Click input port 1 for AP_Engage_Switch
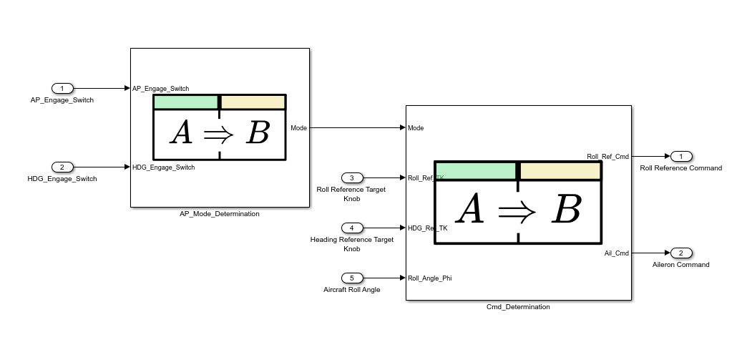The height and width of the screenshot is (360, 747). [x=62, y=89]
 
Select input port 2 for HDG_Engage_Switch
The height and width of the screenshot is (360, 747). [x=62, y=167]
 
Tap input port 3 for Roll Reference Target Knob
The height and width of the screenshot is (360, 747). [x=351, y=177]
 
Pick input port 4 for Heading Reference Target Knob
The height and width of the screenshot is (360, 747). [x=351, y=228]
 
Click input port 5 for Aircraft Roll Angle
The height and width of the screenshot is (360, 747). [x=351, y=278]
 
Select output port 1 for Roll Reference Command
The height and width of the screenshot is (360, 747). [x=681, y=156]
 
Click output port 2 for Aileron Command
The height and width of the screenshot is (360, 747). [x=681, y=253]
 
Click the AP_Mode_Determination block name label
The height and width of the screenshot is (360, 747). [x=220, y=214]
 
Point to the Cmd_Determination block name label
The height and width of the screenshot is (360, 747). [x=518, y=307]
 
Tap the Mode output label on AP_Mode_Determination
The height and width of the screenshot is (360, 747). [x=298, y=128]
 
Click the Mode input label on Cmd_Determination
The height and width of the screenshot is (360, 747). [x=416, y=128]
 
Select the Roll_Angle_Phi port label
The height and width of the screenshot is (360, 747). [x=429, y=278]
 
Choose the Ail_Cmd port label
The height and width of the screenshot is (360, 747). [x=616, y=253]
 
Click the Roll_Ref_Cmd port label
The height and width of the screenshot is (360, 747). [x=607, y=156]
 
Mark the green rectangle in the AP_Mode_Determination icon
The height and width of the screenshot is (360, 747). [x=186, y=102]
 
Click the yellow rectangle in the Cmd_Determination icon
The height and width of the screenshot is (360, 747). [x=560, y=171]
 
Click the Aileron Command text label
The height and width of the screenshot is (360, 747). [x=680, y=265]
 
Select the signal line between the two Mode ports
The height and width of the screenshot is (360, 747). [x=354, y=128]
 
